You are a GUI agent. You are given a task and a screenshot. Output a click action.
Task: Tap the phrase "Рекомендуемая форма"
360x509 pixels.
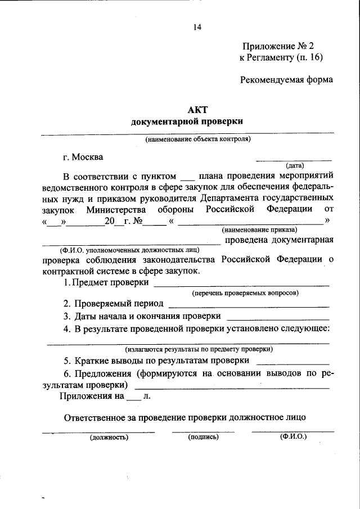[286, 79]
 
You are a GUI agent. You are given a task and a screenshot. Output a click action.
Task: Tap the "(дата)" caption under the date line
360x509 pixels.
[295, 165]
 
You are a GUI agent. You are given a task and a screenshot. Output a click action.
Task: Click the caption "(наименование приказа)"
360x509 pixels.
[259, 230]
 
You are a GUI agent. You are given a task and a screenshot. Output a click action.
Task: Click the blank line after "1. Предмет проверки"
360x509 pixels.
[242, 285]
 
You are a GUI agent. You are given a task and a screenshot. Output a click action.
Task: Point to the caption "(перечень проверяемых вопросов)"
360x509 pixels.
[245, 293]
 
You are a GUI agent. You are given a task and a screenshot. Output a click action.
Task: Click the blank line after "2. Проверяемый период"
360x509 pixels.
[249, 306]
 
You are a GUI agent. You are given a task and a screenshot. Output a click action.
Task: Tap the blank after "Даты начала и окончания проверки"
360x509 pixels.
[277, 318]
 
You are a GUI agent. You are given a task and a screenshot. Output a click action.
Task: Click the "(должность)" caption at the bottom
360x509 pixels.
[109, 436]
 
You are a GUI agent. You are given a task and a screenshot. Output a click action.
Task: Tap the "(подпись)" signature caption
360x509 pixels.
[203, 436]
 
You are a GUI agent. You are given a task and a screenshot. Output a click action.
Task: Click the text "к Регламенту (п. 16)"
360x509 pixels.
[281, 57]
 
